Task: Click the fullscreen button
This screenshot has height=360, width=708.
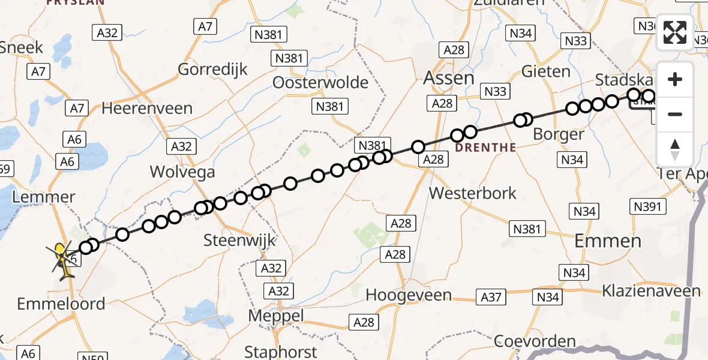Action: pos(675,32)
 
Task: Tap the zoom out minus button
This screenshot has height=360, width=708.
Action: pos(675,114)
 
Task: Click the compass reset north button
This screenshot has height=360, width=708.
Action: pos(675,149)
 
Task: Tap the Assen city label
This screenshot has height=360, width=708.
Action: pos(449,78)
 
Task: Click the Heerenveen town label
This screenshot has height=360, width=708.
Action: pos(147,109)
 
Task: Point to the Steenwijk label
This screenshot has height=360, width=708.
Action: pos(239,241)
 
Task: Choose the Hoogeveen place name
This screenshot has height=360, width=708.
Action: pos(409,295)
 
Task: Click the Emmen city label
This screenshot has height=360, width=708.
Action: pos(608,241)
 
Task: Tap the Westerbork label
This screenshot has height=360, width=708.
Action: pos(473,193)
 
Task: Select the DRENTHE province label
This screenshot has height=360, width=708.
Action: pos(485,147)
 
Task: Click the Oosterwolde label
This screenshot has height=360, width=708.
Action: pos(320,82)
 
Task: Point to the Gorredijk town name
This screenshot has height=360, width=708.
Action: pos(212,70)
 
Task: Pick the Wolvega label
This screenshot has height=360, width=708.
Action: pos(182,173)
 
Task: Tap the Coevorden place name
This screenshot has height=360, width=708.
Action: pos(535,341)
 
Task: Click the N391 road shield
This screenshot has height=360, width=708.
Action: pos(648,207)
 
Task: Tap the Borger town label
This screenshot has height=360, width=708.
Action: pos(558,134)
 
